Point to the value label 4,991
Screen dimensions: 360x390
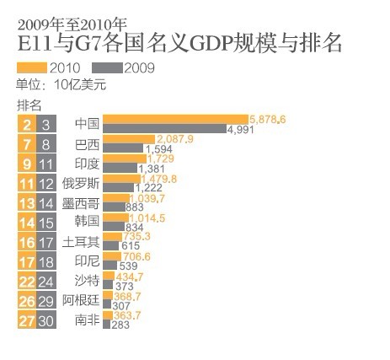coord(241,129)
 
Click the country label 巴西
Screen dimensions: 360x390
coord(87,143)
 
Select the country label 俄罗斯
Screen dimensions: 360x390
coord(82,184)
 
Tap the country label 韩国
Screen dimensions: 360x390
coord(87,223)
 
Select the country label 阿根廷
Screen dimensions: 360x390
coord(82,302)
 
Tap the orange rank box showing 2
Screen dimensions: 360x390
coord(27,124)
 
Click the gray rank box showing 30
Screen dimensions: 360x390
coord(49,321)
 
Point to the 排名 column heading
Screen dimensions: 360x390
coord(29,105)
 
